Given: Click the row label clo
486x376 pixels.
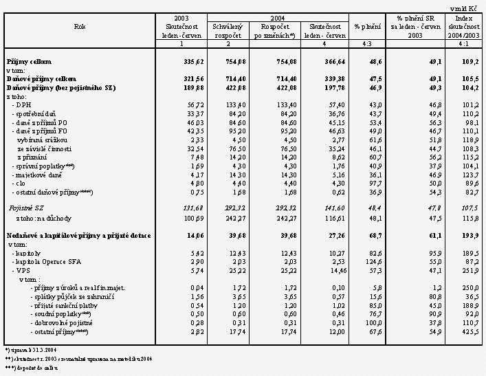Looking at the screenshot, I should pyautogui.click(x=21, y=184).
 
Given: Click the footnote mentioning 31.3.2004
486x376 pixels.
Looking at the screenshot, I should pyautogui.click(x=27, y=350).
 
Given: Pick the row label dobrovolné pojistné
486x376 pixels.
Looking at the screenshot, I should pyautogui.click(x=65, y=322).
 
